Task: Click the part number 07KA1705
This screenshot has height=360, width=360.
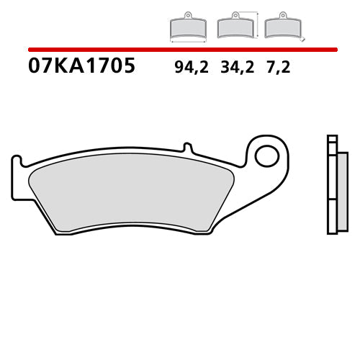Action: click(x=81, y=67)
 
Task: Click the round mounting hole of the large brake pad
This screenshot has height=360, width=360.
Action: click(x=267, y=154)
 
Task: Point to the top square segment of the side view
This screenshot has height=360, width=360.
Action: click(x=331, y=140)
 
